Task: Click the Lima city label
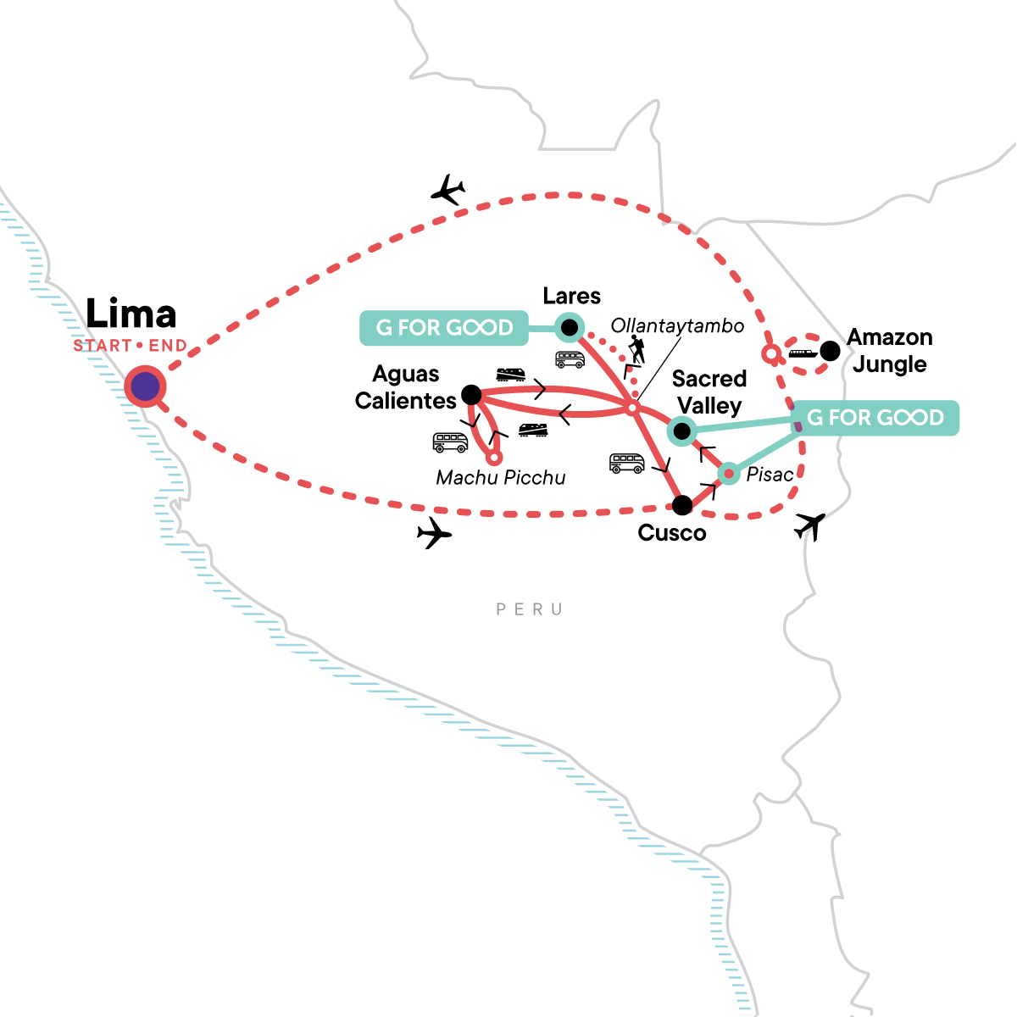pos(131,314)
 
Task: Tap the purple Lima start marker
pos(145,386)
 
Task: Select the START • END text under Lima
pos(130,346)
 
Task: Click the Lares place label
pos(572,296)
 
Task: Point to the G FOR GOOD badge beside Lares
pos(444,328)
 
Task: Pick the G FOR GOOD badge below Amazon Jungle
pos(875,418)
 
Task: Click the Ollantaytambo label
pos(677,326)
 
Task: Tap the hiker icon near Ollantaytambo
pos(636,349)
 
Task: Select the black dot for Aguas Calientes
pos(471,394)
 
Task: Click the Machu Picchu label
pos(500,478)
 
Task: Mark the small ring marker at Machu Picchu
pos(494,457)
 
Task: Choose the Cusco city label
pos(671,533)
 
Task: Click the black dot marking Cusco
pos(681,506)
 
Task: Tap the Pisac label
pos(770,475)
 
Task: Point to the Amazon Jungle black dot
pos(830,351)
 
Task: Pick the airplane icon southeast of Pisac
pos(810,526)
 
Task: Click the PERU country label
pos(530,609)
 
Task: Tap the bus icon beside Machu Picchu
pos(450,442)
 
